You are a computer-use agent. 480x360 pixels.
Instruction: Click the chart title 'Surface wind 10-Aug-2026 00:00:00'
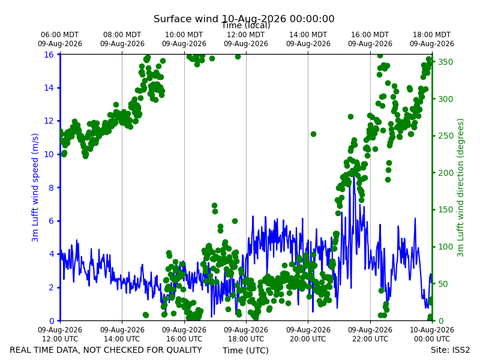(244, 19)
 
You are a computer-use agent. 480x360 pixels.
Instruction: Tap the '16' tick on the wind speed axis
(49, 55)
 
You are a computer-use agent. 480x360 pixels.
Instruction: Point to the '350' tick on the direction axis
(445, 62)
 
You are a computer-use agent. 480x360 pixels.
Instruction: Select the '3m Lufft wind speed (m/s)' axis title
(35, 187)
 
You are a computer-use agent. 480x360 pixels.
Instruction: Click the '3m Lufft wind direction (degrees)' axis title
(460, 188)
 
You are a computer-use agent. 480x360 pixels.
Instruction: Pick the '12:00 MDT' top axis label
(246, 35)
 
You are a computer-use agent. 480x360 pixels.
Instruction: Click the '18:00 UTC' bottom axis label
(246, 339)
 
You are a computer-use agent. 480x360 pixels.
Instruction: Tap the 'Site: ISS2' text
(450, 350)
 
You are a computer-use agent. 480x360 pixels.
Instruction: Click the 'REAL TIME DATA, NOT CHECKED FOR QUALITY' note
(106, 350)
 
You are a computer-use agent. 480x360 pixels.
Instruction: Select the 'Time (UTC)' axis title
(245, 350)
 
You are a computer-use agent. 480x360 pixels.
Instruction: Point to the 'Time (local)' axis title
(246, 26)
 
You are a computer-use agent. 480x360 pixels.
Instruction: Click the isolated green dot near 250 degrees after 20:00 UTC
(313, 134)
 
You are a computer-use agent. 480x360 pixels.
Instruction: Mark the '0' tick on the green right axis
(440, 321)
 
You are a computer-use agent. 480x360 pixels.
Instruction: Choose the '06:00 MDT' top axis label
(59, 35)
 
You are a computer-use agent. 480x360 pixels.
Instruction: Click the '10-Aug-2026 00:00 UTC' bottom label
(432, 334)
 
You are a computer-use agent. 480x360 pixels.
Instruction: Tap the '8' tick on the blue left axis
(51, 188)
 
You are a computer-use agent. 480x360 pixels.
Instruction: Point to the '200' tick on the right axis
(445, 173)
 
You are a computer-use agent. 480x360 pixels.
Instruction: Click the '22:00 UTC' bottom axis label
(370, 339)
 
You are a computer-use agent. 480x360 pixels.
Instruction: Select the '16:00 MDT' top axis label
(370, 35)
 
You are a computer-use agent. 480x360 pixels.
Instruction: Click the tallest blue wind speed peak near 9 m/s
(354, 175)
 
